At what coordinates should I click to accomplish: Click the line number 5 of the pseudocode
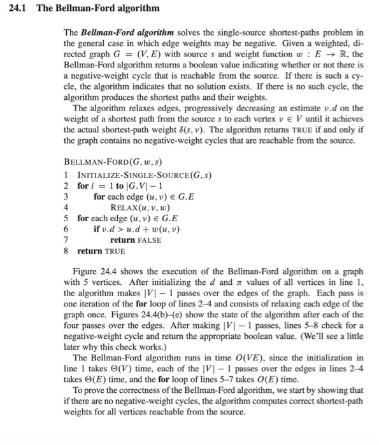click(67, 217)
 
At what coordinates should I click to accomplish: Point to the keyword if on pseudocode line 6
click(97, 229)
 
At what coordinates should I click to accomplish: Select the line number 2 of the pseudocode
click(67, 186)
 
